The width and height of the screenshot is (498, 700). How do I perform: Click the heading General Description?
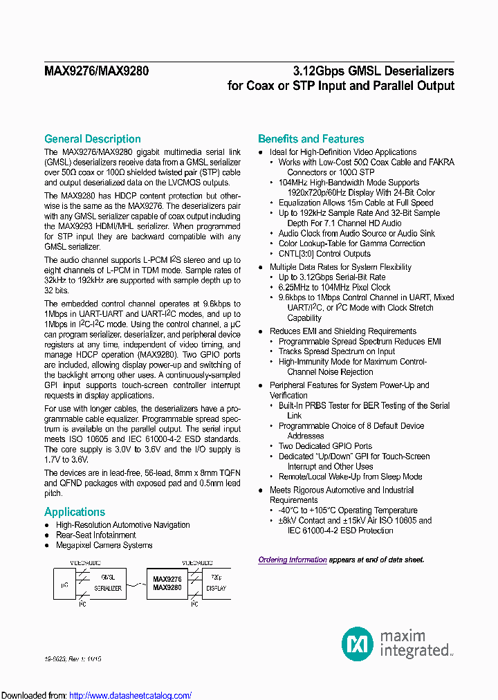coord(92,139)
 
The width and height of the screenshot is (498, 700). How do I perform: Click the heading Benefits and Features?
coord(311,139)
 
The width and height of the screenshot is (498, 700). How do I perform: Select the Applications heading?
coord(75,512)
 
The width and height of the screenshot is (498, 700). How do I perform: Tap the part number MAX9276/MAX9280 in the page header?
coord(96,71)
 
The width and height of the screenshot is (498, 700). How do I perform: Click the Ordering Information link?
coord(293,560)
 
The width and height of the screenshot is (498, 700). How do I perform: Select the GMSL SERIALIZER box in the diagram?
coord(111,582)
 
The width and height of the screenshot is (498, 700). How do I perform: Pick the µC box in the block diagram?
coord(64,584)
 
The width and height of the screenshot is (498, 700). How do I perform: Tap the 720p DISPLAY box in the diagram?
coord(216,582)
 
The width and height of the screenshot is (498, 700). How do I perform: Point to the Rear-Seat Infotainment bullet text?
coord(95,535)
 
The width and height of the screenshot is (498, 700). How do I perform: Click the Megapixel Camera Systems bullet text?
coord(104,545)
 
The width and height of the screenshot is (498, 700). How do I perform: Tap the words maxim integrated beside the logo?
coord(414,643)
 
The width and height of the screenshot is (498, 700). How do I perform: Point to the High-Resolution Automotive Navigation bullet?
coord(122,525)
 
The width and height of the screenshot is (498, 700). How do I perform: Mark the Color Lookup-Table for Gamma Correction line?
coord(351,243)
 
